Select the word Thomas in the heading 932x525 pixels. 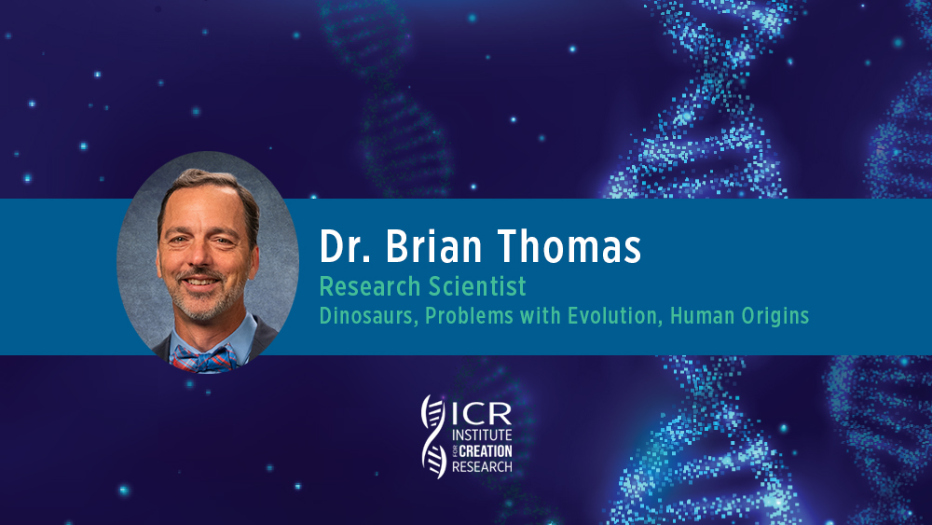coord(569,246)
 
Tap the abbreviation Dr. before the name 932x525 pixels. coord(345,246)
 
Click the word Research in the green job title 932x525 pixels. coord(370,286)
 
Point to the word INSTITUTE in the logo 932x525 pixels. coord(482,435)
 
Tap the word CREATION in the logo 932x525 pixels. coord(486,451)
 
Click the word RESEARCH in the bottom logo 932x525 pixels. coord(482,467)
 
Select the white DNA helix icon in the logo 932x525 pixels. coord(434,436)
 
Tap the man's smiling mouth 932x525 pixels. coord(199,282)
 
